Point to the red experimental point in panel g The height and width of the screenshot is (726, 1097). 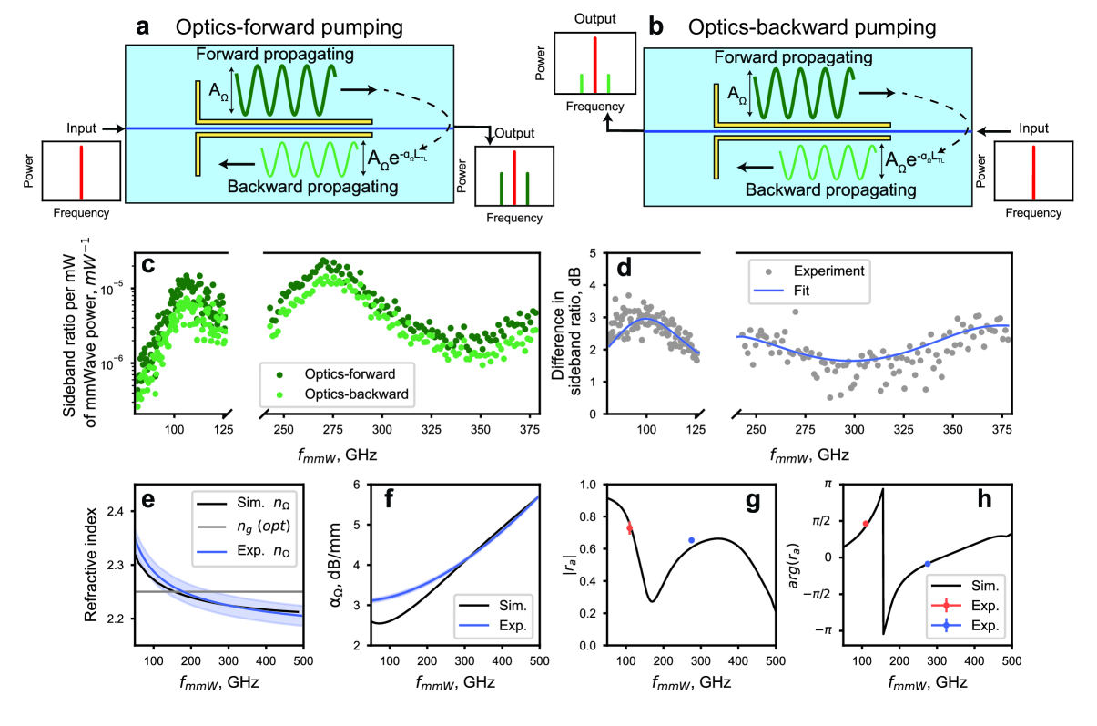[629, 528]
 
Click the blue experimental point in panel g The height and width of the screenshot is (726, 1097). [692, 540]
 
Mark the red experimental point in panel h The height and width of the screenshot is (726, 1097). [866, 524]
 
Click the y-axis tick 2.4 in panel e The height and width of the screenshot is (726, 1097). [115, 513]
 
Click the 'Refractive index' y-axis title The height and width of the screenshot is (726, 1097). [92, 566]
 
